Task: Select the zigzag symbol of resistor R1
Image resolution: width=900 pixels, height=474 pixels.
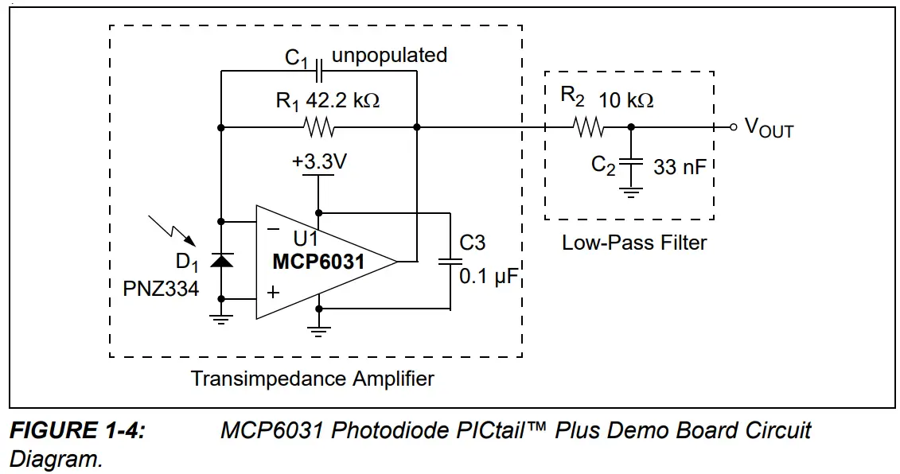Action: tap(319, 127)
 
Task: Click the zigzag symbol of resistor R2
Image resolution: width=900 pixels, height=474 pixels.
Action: tap(590, 127)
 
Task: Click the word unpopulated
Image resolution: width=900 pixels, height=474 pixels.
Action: tap(389, 56)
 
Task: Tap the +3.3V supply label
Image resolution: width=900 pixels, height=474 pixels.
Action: tap(319, 161)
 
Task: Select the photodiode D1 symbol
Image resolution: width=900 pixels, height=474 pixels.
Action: tap(220, 261)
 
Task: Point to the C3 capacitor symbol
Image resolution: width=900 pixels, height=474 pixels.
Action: tap(450, 261)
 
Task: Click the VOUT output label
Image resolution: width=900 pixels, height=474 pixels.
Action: tap(769, 128)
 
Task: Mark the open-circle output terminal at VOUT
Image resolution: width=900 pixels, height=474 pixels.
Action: tap(733, 127)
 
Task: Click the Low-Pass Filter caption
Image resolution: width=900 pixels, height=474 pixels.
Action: tap(634, 243)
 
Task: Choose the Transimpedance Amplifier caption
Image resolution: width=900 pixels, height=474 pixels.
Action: tap(313, 378)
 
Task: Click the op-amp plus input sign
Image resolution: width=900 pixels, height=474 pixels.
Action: tap(273, 293)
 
